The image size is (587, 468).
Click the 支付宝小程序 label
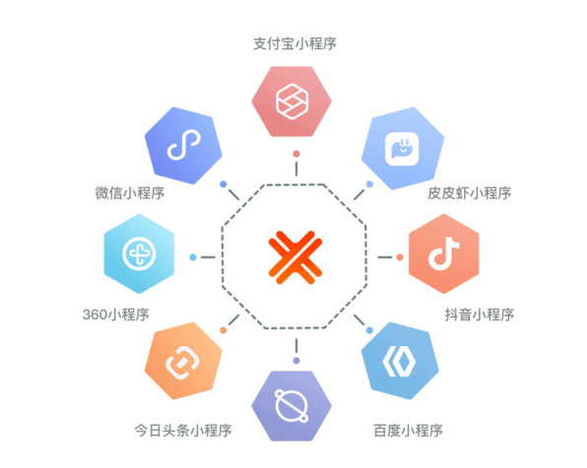[x=295, y=43]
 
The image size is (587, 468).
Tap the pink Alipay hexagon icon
[x=292, y=101]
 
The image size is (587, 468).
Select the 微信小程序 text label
[x=130, y=193]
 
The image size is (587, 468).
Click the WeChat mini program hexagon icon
[x=183, y=146]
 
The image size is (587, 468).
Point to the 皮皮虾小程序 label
[x=470, y=193]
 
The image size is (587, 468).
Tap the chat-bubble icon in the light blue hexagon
[x=402, y=148]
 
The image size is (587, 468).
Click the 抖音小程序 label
[x=480, y=315]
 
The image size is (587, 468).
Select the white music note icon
[x=443, y=254]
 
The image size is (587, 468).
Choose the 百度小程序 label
[x=408, y=431]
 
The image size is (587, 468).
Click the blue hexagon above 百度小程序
[x=400, y=361]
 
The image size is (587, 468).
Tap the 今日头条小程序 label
[x=183, y=431]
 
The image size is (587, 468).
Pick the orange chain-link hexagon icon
[x=183, y=361]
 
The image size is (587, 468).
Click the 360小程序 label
[x=115, y=315]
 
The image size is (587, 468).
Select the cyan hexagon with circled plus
[x=139, y=254]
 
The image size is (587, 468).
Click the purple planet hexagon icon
[x=292, y=406]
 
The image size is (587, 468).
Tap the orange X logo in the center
[x=295, y=258]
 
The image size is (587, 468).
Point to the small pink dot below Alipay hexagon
[x=296, y=153]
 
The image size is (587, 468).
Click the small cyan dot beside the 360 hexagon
[x=193, y=258]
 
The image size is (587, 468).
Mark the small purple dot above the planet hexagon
[x=296, y=361]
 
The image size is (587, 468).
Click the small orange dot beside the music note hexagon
[x=400, y=258]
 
